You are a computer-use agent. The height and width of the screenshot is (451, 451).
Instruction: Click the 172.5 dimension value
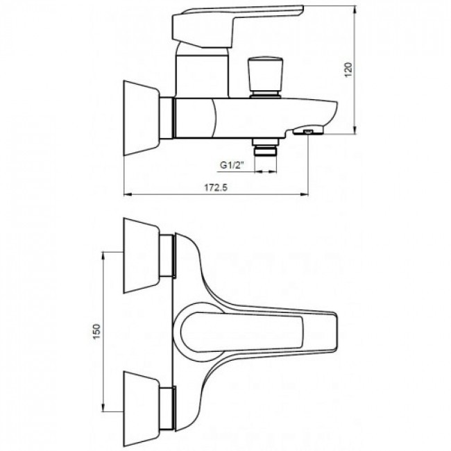(216, 188)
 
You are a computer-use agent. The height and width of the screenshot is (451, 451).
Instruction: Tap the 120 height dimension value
(348, 69)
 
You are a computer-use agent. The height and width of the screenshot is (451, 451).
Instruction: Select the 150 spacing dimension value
(96, 331)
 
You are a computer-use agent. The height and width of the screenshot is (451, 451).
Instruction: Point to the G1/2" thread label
(232, 165)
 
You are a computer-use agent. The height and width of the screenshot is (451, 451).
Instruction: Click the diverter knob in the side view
(265, 77)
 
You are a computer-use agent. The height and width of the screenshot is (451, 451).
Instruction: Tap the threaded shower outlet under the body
(266, 147)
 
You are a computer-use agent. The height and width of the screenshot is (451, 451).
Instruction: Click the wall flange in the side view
(142, 118)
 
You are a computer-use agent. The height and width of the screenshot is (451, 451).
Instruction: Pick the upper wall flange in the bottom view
(142, 256)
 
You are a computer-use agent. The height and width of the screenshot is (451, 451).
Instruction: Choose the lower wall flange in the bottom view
(142, 409)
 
